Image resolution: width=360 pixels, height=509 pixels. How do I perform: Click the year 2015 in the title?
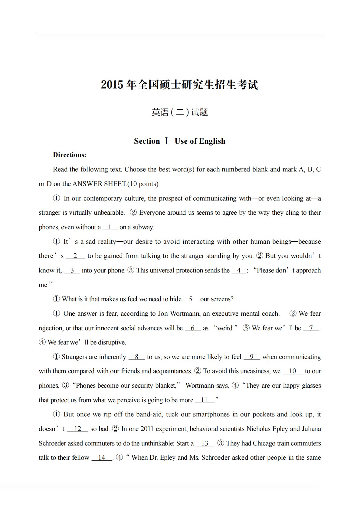coord(112,85)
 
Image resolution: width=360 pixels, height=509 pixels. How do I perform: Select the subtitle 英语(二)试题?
coord(180,112)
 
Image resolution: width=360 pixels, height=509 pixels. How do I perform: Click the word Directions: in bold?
coord(70,155)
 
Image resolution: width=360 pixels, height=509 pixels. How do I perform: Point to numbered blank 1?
coord(110,227)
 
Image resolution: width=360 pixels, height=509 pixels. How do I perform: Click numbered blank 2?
coord(75,256)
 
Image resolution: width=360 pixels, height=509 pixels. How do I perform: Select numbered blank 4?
coord(239,270)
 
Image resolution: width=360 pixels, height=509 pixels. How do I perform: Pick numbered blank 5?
coord(191,299)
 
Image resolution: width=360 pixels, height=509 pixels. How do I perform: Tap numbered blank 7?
coord(311,328)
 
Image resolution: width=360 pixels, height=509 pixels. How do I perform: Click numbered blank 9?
coord(251,357)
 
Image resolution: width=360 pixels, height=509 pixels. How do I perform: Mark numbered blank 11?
coord(204,400)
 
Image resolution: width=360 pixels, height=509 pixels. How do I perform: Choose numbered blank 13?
coord(205,443)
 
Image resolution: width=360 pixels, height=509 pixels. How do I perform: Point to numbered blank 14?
coord(102,458)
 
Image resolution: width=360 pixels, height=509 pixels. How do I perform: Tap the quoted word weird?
coord(225,328)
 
